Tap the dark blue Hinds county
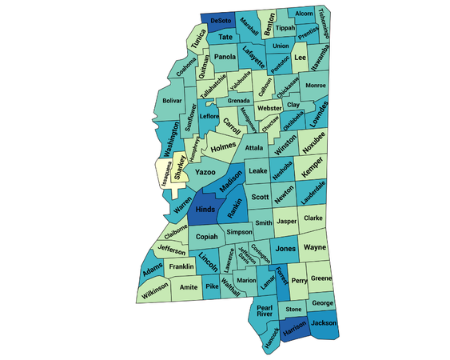click(x=205, y=211)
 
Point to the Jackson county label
click(x=322, y=323)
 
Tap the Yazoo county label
click(x=205, y=172)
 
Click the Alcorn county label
click(x=304, y=14)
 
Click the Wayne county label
click(x=315, y=248)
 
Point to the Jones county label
click(x=285, y=250)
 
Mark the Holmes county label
click(x=223, y=146)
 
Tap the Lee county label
click(x=301, y=58)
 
